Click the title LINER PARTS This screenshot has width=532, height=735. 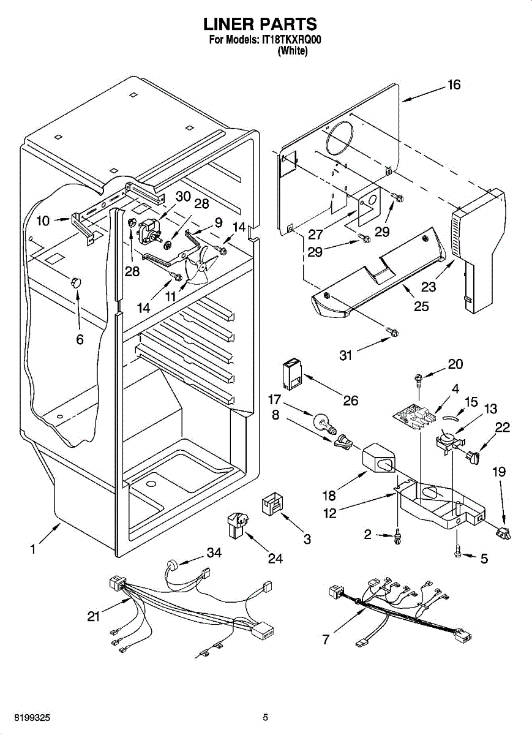[260, 24]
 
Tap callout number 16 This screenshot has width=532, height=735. [454, 85]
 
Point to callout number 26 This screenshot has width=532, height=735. [350, 401]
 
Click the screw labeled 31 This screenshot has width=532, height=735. [392, 333]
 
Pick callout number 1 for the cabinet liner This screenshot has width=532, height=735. [33, 549]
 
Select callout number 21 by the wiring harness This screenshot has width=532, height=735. [93, 616]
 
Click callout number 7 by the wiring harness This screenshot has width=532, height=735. [326, 639]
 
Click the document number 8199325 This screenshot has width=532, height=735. [25, 717]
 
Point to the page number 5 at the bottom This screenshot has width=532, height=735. [266, 717]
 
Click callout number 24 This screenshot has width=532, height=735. [276, 558]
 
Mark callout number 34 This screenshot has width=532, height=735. [213, 553]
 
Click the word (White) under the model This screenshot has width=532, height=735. [292, 52]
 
